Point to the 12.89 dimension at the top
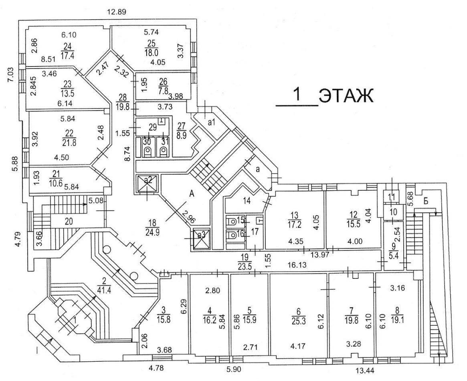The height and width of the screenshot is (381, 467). [x=117, y=12]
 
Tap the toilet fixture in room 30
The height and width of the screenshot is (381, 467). [x=147, y=151]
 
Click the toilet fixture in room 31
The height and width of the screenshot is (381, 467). [x=164, y=151]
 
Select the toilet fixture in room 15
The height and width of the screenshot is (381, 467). [x=232, y=220]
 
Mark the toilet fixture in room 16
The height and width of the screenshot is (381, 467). [x=232, y=236]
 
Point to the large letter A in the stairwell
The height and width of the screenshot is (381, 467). [x=192, y=194]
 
